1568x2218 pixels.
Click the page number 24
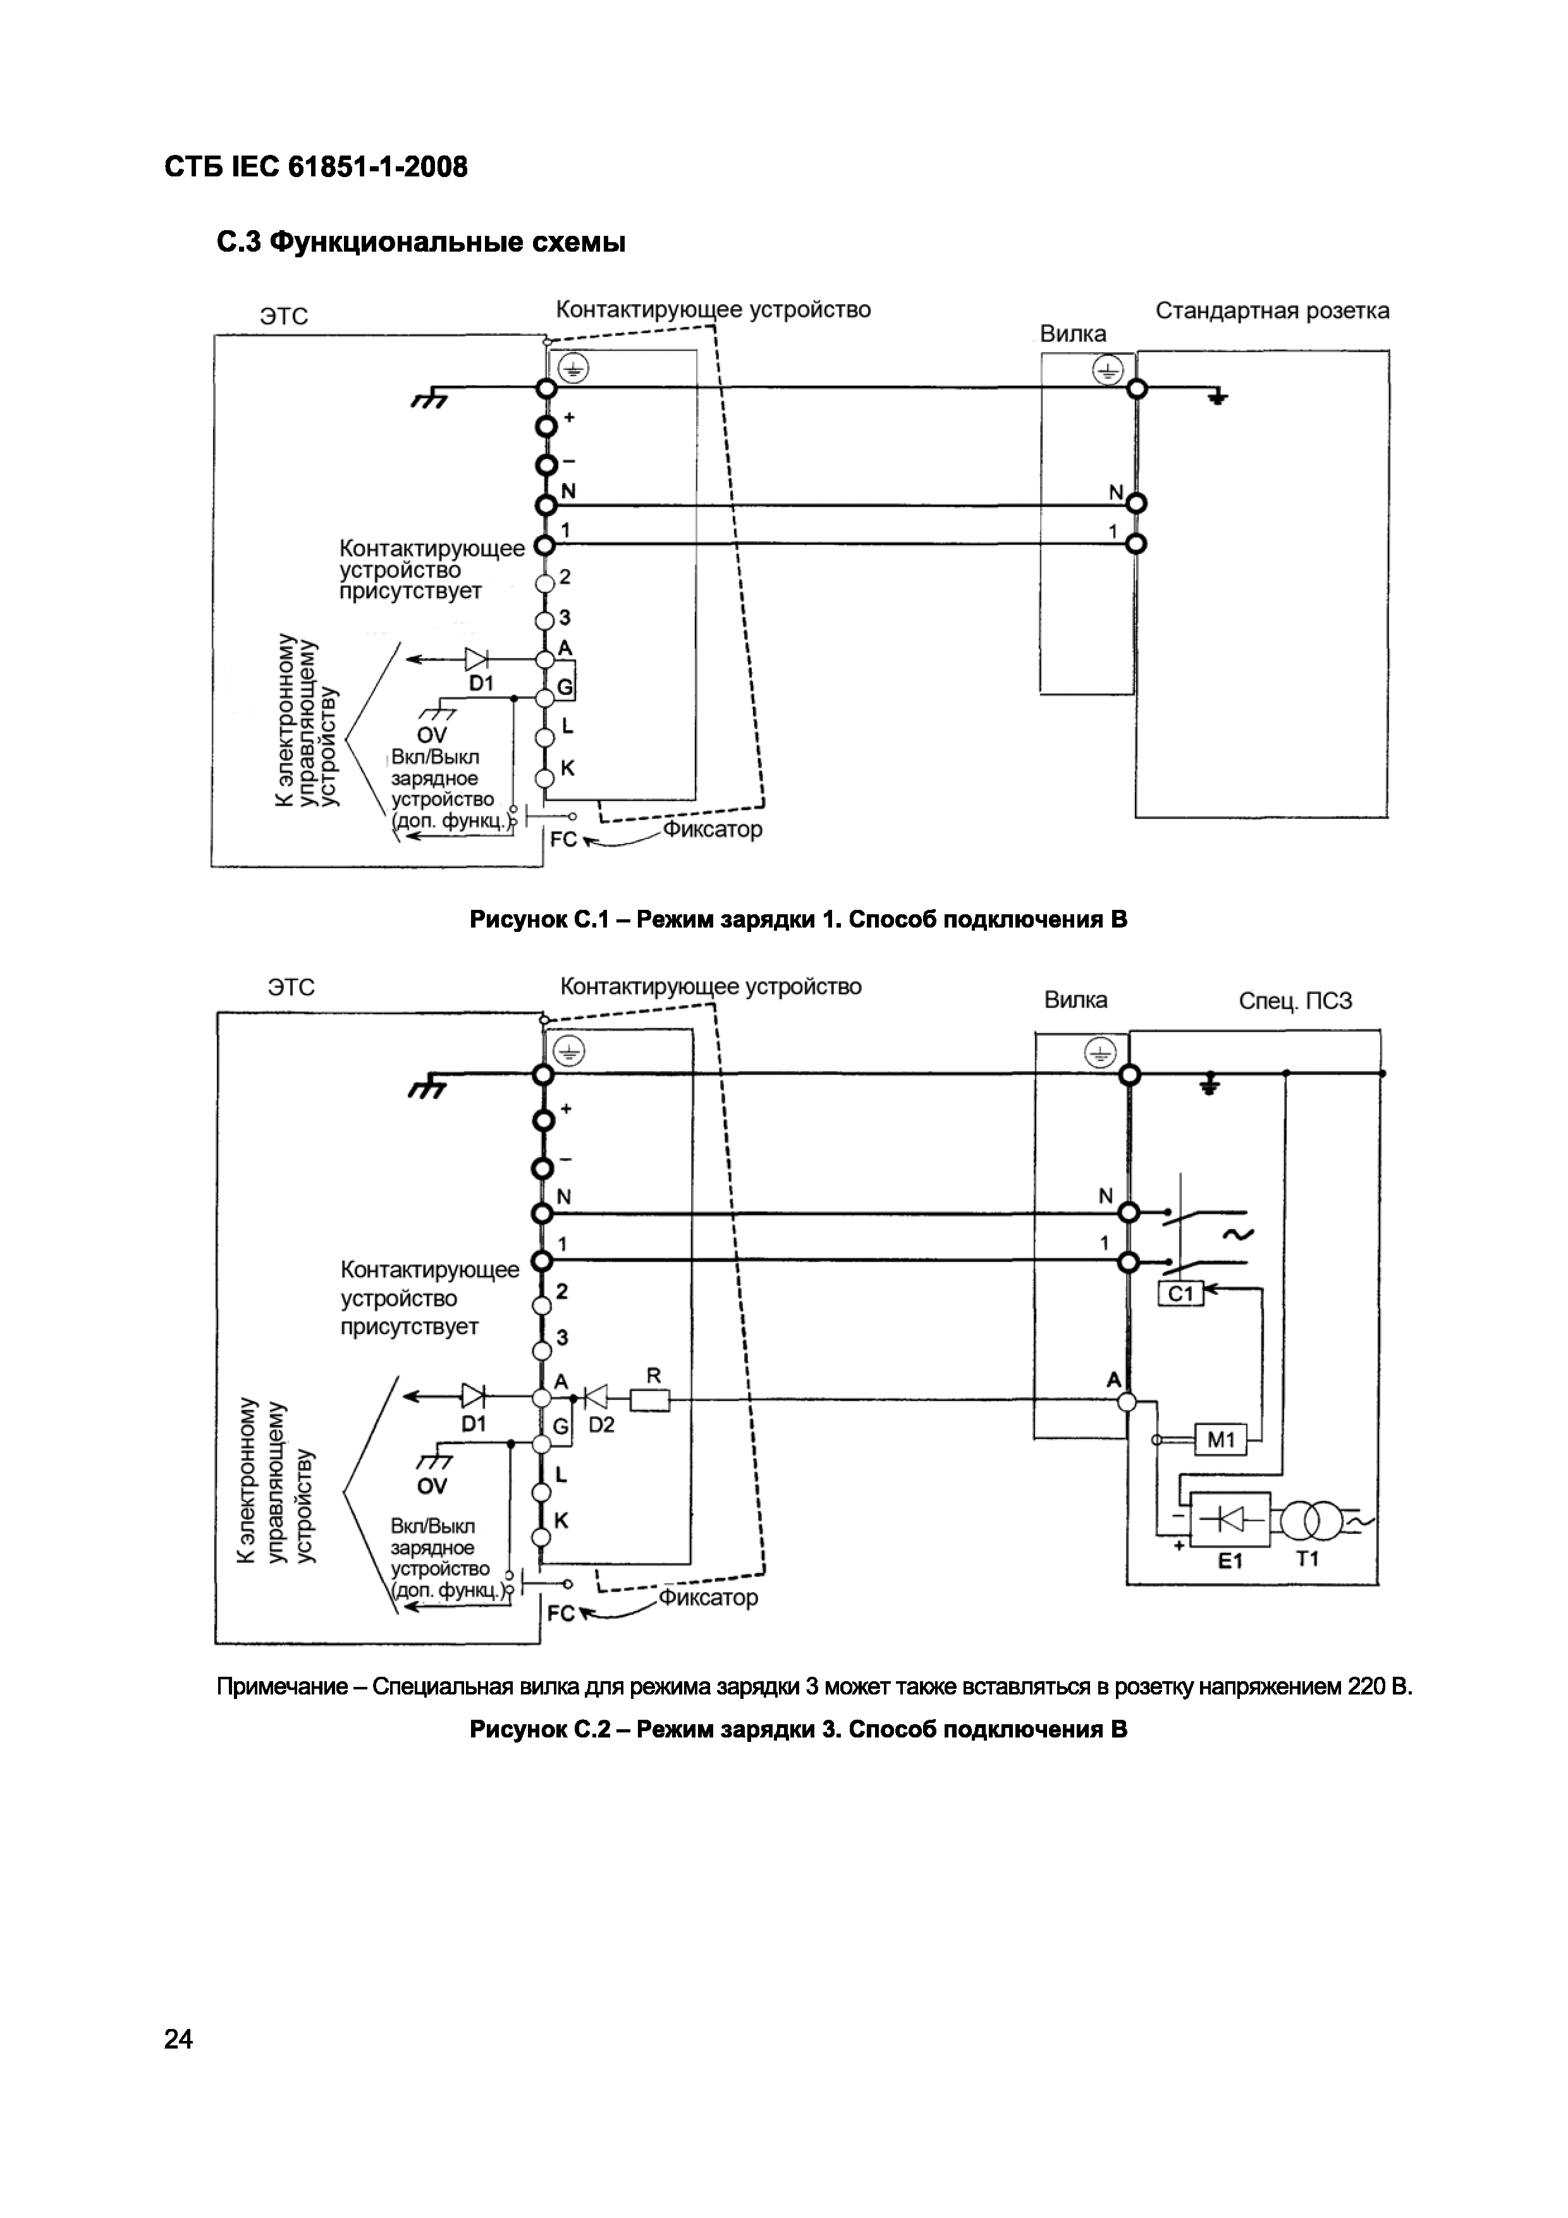[179, 2039]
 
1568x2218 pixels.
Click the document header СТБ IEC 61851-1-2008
[316, 167]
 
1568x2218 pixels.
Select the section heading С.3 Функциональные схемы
[421, 242]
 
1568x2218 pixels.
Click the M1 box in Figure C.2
[1221, 1440]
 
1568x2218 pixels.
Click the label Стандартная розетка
[1272, 311]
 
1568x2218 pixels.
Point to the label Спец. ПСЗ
[1295, 1001]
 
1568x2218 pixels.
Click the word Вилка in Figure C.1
[1072, 334]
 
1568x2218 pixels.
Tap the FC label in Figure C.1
[563, 840]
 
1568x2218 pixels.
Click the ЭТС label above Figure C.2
[291, 987]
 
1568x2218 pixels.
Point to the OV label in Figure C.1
[432, 736]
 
